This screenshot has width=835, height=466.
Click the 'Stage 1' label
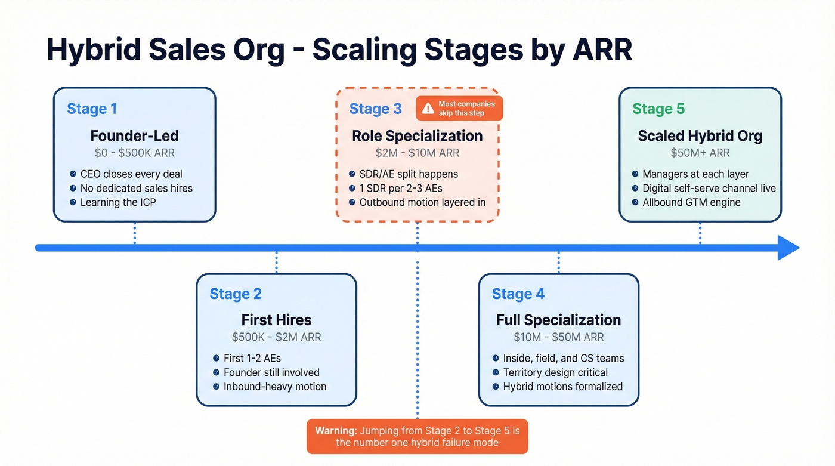(92, 109)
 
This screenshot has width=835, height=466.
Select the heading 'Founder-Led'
(134, 135)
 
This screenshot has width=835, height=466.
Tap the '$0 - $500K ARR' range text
(134, 153)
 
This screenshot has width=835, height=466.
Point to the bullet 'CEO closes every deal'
(131, 174)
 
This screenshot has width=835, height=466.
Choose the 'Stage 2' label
(236, 294)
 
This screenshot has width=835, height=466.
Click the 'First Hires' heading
(276, 320)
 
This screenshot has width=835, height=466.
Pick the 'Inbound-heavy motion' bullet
(274, 387)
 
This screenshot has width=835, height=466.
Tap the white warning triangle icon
(428, 108)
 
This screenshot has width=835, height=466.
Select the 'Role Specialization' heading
(417, 135)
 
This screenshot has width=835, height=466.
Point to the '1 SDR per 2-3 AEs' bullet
(400, 188)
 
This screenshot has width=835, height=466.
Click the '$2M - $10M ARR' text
(417, 153)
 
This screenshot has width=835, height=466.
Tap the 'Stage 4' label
(518, 294)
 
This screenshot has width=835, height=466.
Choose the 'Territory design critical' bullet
(555, 372)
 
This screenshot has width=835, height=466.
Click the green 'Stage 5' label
(658, 109)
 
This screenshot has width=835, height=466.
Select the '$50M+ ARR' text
(700, 153)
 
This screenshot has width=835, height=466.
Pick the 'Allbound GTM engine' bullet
(691, 202)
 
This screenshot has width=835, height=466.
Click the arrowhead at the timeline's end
(788, 248)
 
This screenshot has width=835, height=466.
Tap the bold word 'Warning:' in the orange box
(336, 431)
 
